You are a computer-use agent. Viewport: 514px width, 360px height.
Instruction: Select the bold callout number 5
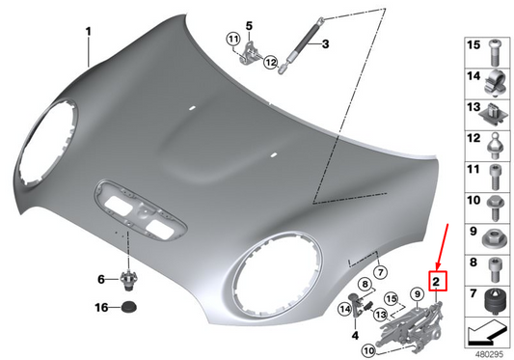coord(247,25)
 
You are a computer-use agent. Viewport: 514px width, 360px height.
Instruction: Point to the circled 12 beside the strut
coord(270,63)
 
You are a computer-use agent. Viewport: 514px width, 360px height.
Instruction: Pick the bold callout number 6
coord(99,279)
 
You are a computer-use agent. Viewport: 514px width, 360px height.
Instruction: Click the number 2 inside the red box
coord(437,282)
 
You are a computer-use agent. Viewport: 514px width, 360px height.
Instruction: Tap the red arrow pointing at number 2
coord(446,247)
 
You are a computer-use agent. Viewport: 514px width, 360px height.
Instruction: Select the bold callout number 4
coord(354,335)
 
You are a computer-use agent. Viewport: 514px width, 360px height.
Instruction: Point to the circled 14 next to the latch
coord(342,309)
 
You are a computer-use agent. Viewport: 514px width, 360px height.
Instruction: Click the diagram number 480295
coord(489,351)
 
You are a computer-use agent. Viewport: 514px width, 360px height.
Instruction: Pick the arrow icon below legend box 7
coord(487,331)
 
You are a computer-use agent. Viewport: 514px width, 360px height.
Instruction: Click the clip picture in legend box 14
coord(497,77)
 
